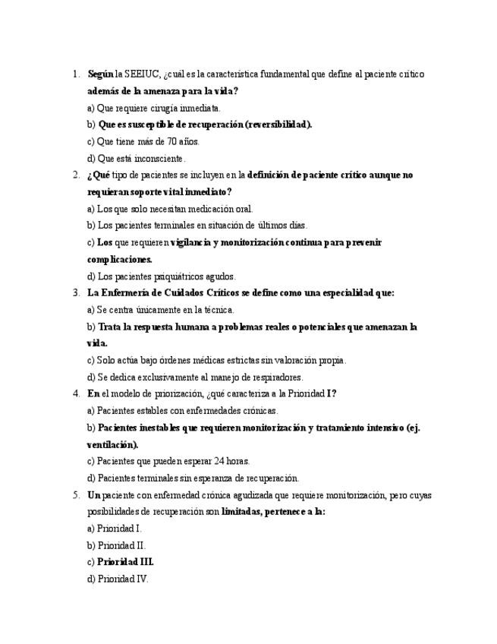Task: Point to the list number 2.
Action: pyautogui.click(x=76, y=175)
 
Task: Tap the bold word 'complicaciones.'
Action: pyautogui.click(x=120, y=260)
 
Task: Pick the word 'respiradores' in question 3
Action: pyautogui.click(x=278, y=377)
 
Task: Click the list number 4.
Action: pyautogui.click(x=76, y=393)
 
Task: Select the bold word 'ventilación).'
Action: pyautogui.click(x=113, y=444)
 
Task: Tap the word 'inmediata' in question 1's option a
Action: pyautogui.click(x=200, y=108)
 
